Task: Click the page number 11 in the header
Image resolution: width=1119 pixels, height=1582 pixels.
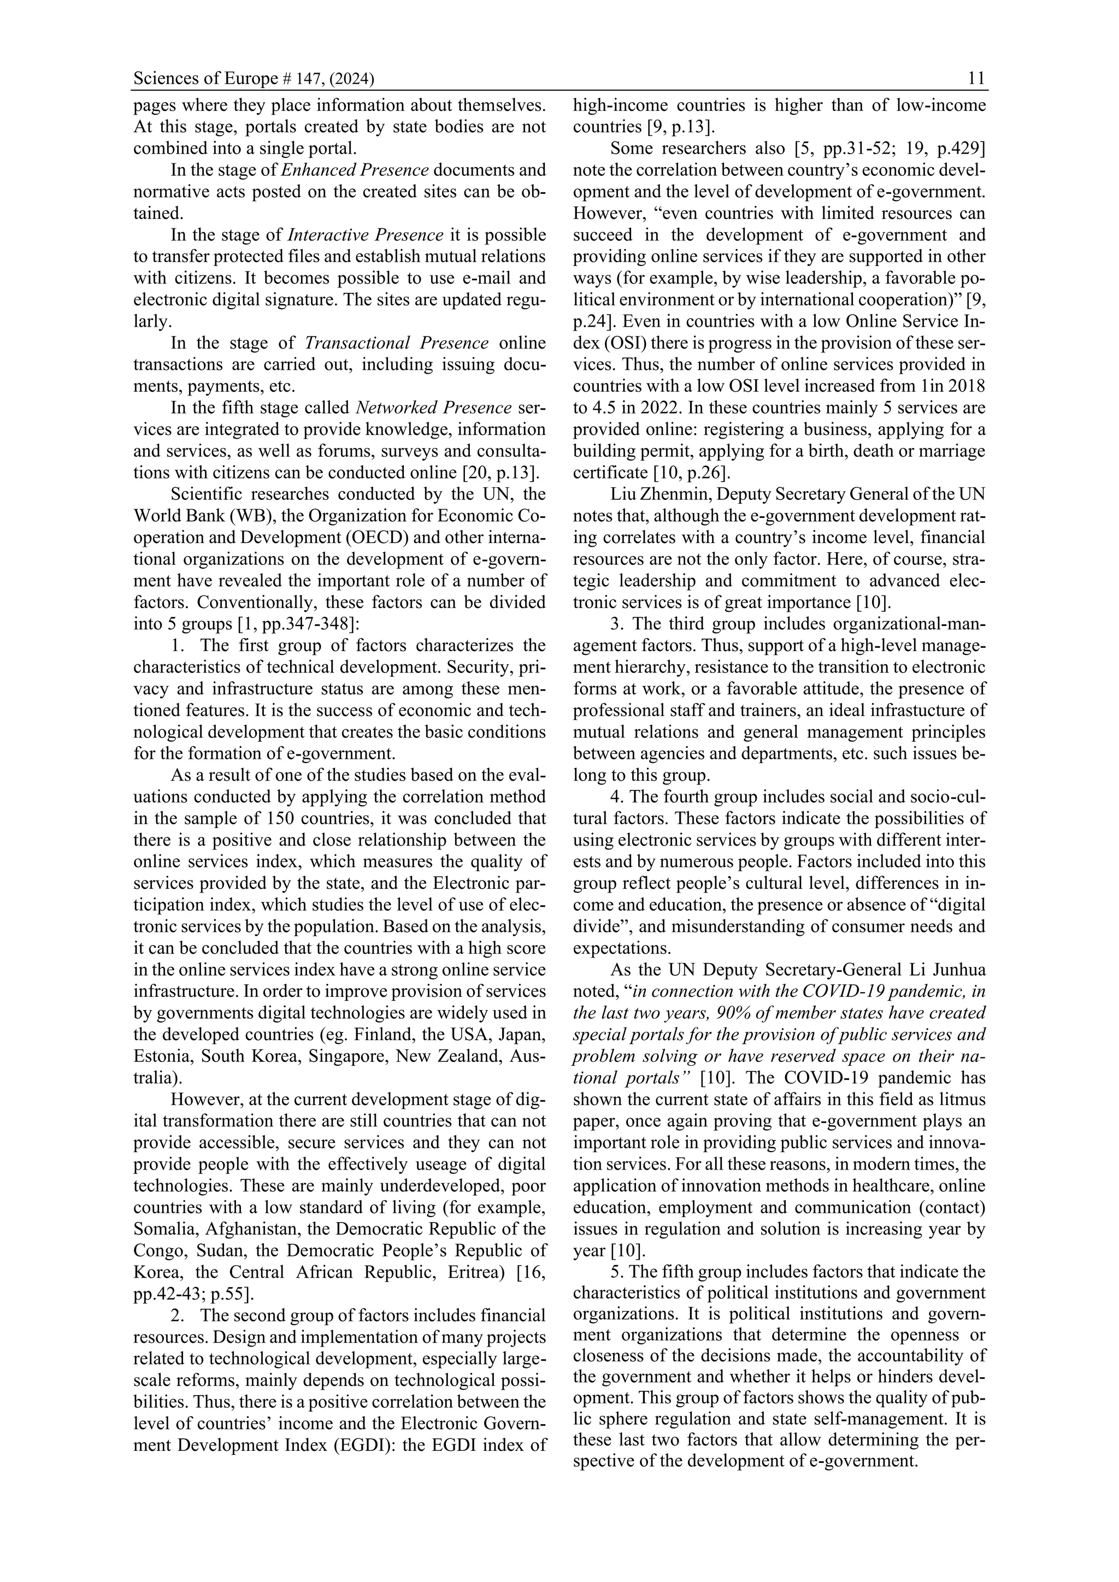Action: tap(976, 79)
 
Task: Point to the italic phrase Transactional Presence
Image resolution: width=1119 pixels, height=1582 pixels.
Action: tap(397, 343)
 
